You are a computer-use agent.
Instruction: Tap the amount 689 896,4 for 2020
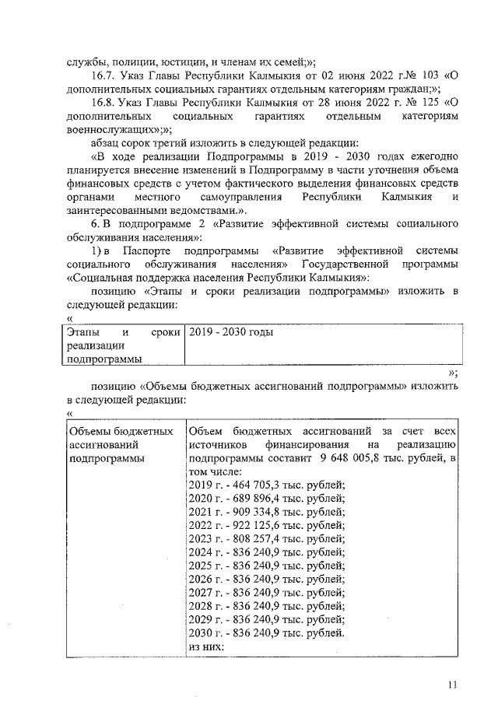click(261, 498)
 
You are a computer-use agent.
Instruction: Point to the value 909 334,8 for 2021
click(261, 512)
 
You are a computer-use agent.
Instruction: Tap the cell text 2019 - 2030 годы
click(230, 332)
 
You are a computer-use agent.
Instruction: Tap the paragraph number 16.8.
click(103, 103)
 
